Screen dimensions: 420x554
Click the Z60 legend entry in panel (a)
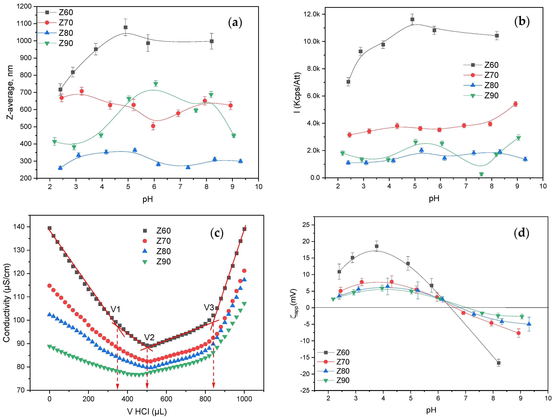coord(66,12)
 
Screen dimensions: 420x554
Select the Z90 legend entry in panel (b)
coord(491,96)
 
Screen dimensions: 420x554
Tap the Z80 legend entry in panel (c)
coord(163,251)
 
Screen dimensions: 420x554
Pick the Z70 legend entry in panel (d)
coord(342,362)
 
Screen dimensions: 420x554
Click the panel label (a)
coord(235,23)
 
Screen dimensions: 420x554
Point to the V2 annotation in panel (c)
coord(149,337)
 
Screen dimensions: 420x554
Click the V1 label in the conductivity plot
coord(115,309)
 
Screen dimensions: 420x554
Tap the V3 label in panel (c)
coord(209,307)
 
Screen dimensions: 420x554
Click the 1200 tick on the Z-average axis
coord(24,6)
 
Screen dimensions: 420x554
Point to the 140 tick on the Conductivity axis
coord(19,227)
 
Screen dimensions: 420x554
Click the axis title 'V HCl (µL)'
coord(147,411)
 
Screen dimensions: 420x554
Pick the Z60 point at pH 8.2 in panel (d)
coord(498,363)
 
